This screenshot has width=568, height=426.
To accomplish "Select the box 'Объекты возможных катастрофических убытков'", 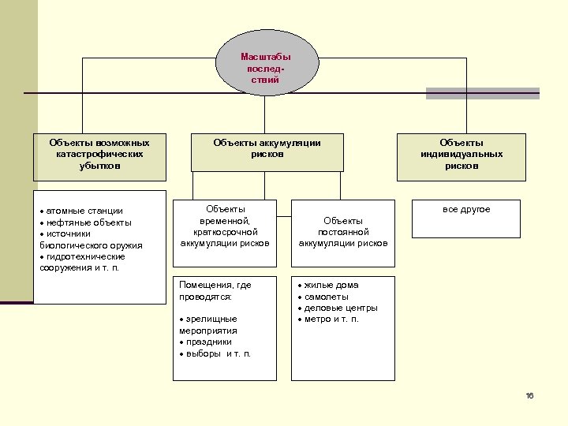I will point(99,155).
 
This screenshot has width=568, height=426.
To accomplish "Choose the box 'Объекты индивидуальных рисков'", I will point(461,155).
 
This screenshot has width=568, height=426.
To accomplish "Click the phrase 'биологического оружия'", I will point(91,245).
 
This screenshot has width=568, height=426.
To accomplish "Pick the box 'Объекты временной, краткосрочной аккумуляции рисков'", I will point(226,226).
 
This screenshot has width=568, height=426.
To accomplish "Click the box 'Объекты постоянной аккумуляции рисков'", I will point(342,232).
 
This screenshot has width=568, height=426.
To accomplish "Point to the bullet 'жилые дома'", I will point(331,285).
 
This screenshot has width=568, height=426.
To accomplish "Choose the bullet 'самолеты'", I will point(325,297).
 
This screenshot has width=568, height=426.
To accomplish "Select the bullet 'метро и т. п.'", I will point(331,319).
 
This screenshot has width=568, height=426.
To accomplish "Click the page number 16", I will point(529,395).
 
